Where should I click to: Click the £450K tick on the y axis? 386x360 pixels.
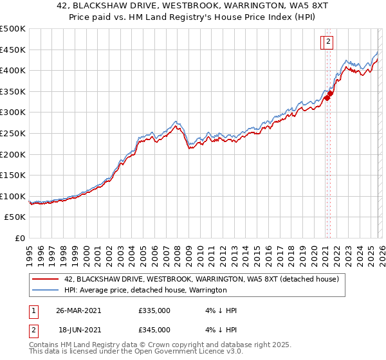tap(13, 50)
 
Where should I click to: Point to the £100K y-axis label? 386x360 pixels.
tap(13, 197)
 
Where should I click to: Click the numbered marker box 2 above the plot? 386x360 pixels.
tap(327, 42)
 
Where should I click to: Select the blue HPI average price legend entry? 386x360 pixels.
tap(145, 291)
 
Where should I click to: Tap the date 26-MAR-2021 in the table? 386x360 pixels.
tap(78, 310)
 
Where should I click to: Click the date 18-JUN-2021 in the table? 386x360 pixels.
tap(78, 330)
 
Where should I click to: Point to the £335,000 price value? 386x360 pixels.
tap(154, 310)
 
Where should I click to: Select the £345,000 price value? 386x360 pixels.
tap(154, 330)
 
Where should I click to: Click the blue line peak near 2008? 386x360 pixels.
tap(176, 120)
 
